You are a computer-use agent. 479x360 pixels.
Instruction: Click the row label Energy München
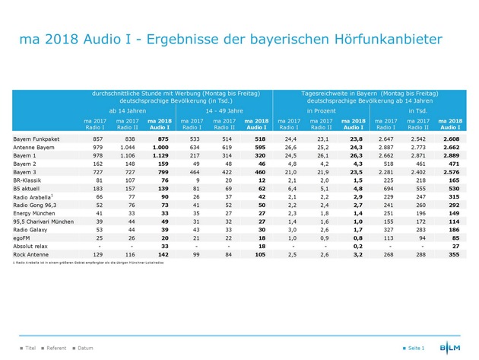tap(32, 213)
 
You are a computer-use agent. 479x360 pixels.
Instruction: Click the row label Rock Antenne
tap(29, 253)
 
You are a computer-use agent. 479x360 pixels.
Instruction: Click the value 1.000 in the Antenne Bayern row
tap(159, 148)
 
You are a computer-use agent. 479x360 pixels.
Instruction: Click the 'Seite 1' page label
tap(415, 348)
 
